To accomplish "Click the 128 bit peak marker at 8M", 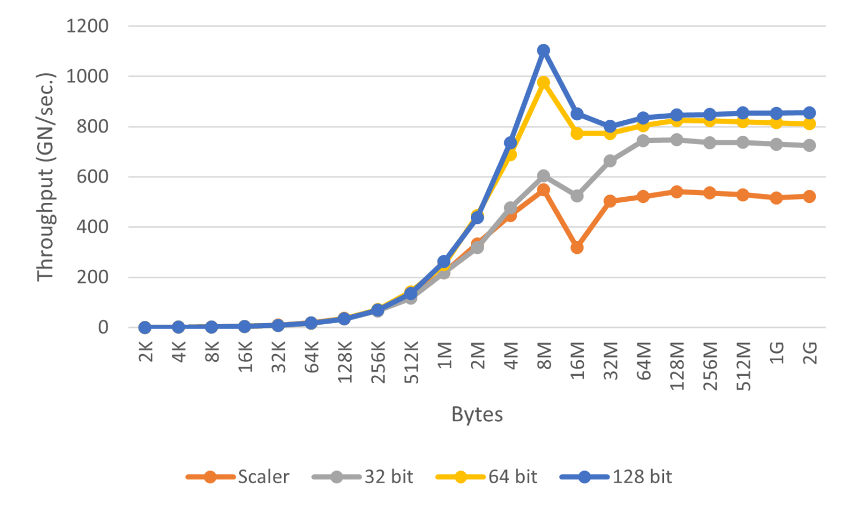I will (544, 50).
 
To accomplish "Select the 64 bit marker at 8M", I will (544, 83).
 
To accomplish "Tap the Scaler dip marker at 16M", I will (577, 247).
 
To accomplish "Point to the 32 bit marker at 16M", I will (577, 196).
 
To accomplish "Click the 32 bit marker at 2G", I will (809, 145).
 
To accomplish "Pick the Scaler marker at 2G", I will (809, 196).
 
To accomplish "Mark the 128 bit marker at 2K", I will (145, 327).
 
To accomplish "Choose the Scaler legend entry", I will (238, 477).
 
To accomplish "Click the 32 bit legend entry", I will (363, 477).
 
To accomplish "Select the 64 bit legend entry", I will (487, 477).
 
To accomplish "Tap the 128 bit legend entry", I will (616, 477).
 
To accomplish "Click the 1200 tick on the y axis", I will (87, 26).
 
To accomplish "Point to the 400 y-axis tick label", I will (92, 227).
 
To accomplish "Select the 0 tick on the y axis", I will (103, 328).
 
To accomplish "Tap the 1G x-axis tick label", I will (777, 353).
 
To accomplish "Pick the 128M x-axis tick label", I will (677, 366).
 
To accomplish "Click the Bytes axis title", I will (477, 415).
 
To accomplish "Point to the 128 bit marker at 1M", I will (444, 262).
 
